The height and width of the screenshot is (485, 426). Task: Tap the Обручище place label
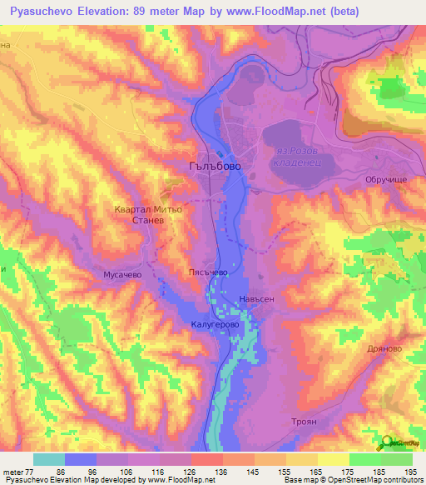pos(384,179)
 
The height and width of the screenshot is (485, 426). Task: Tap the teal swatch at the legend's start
pos(48,458)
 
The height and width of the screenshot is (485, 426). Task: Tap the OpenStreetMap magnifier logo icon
pos(387,442)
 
